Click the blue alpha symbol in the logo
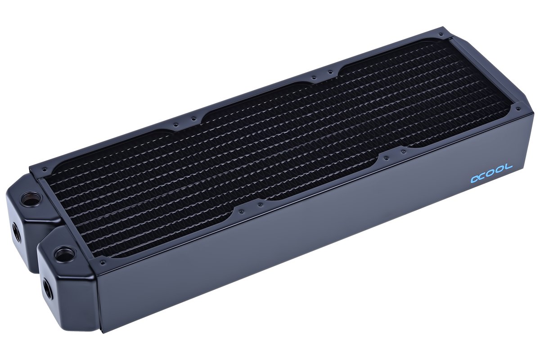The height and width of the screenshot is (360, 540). tap(476, 179)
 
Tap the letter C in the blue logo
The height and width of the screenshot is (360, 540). tap(486, 175)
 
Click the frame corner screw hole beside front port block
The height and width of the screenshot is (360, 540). tap(103, 262)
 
